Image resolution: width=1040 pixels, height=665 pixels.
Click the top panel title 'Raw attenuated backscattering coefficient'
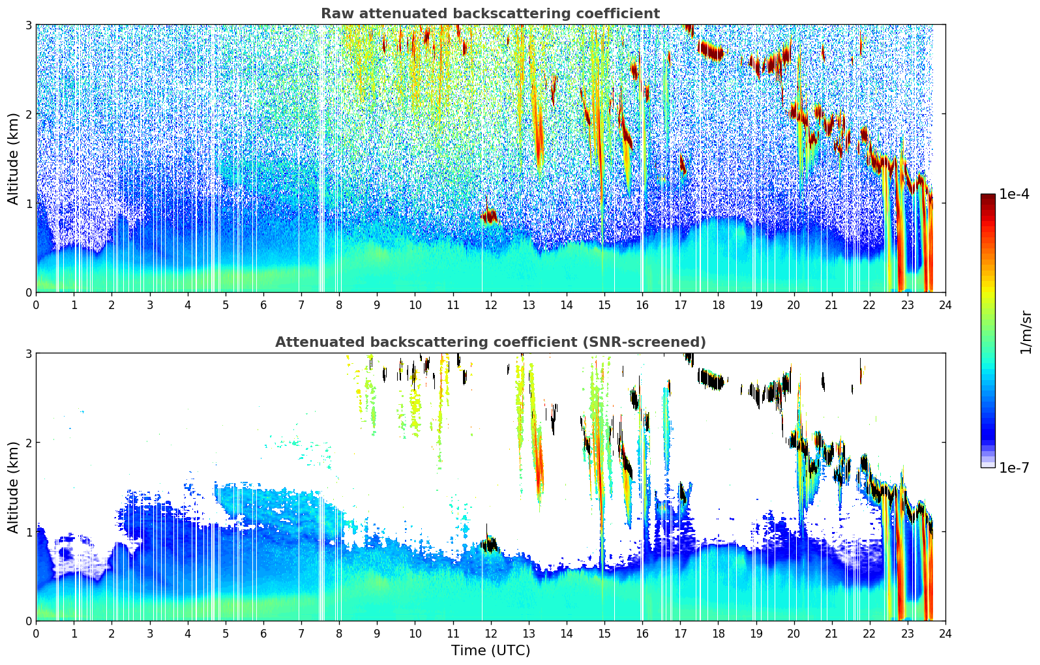coord(490,14)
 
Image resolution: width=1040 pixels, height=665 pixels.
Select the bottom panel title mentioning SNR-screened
coord(490,342)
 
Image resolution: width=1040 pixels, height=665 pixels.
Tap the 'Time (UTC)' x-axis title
coord(490,651)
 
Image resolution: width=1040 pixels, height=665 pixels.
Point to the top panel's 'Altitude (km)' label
coord(13,158)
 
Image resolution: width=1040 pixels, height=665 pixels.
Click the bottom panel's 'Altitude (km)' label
coord(13,487)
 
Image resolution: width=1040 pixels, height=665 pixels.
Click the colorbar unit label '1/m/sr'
coord(1026,332)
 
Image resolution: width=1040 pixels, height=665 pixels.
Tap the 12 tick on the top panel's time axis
coord(490,304)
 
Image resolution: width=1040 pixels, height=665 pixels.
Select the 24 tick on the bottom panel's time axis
coord(945,633)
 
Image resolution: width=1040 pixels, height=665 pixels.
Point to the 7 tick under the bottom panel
coord(301,633)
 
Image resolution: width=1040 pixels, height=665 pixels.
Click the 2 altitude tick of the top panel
coord(29,114)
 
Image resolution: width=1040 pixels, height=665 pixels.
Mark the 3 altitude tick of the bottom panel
coord(29,353)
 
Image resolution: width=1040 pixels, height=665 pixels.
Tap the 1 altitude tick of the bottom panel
coord(29,532)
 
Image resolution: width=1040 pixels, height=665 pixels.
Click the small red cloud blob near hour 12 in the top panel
coord(489,216)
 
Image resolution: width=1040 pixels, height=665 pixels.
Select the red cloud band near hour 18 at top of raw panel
coord(710,50)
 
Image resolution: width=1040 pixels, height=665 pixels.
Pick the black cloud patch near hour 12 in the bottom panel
coord(489,544)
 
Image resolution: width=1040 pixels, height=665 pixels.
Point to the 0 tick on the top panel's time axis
coord(36,304)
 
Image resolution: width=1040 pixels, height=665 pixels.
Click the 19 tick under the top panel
coord(756,304)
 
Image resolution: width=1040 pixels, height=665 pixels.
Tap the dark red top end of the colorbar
coord(988,197)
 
